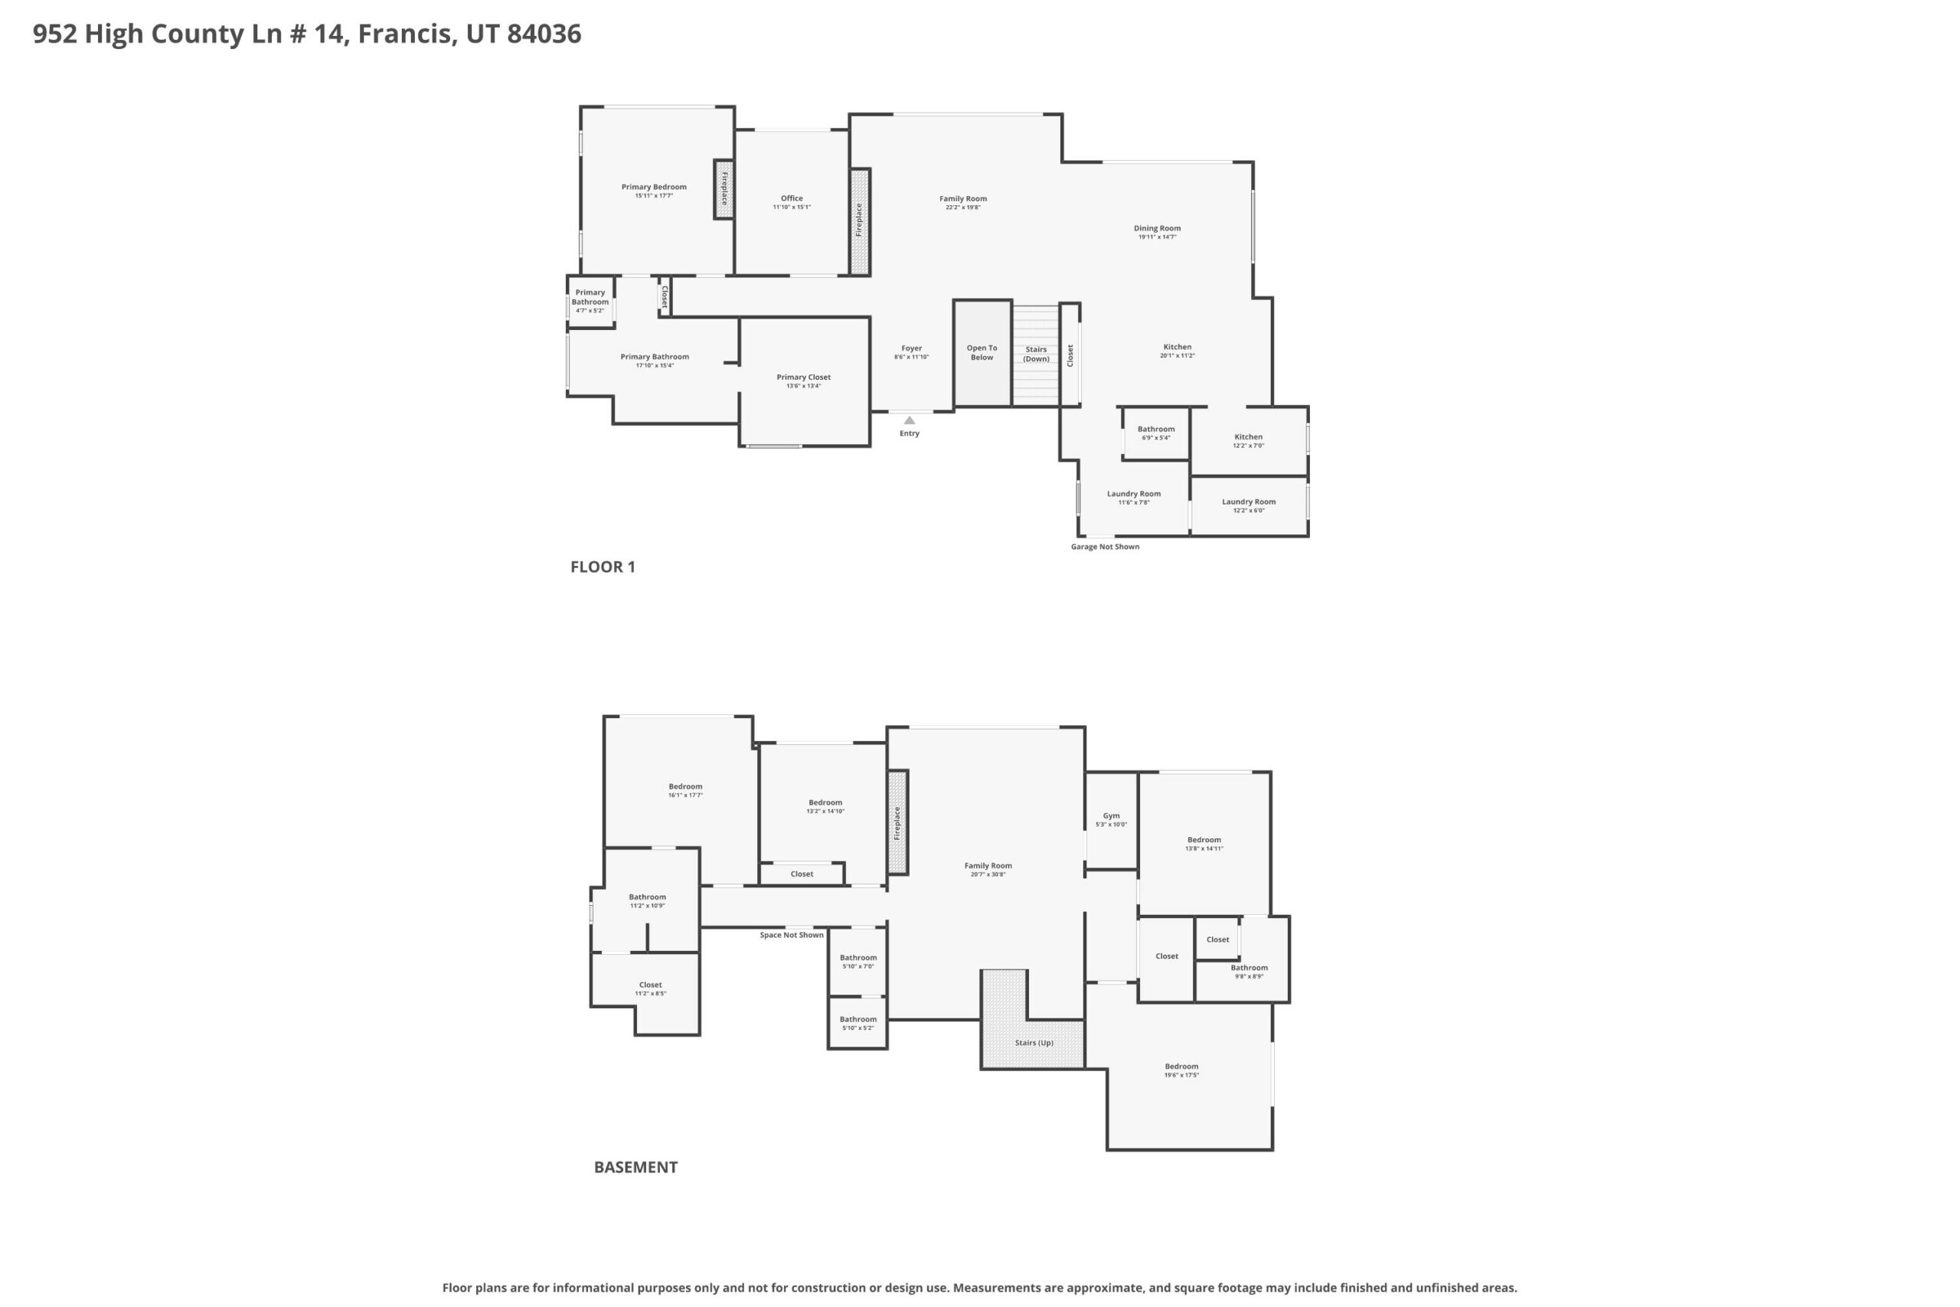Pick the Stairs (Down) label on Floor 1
[1036, 355]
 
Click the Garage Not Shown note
[1105, 547]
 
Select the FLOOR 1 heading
[603, 567]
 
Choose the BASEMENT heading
[635, 1167]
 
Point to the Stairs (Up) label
[1034, 1043]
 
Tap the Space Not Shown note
[792, 934]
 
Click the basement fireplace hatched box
[897, 822]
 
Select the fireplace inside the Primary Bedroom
[724, 189]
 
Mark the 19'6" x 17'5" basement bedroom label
[1181, 1070]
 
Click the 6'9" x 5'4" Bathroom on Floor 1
[1156, 433]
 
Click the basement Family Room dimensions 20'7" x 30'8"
[988, 874]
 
